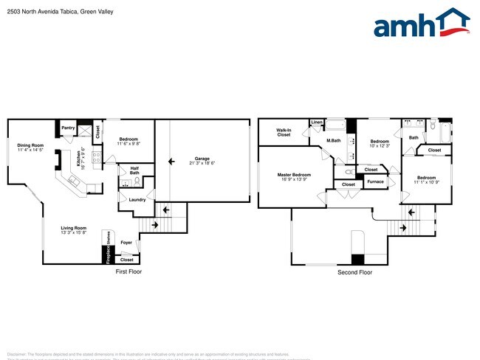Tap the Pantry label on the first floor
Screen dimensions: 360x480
(x=68, y=128)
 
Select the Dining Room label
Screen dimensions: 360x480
(x=31, y=145)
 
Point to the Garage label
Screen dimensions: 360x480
(x=202, y=159)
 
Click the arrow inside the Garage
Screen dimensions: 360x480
(x=171, y=159)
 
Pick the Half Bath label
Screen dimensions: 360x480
(x=134, y=170)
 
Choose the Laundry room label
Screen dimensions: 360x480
(x=137, y=200)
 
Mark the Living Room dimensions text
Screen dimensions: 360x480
(x=74, y=233)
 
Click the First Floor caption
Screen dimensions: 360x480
(x=128, y=271)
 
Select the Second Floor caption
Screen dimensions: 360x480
(x=354, y=272)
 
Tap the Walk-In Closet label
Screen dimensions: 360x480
(x=284, y=133)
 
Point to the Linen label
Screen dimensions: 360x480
(x=317, y=122)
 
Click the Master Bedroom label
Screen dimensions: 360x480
(x=294, y=175)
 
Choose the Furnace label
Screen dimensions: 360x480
(x=375, y=181)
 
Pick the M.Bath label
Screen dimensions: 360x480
(x=333, y=140)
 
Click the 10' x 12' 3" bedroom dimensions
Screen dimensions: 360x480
(x=380, y=146)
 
